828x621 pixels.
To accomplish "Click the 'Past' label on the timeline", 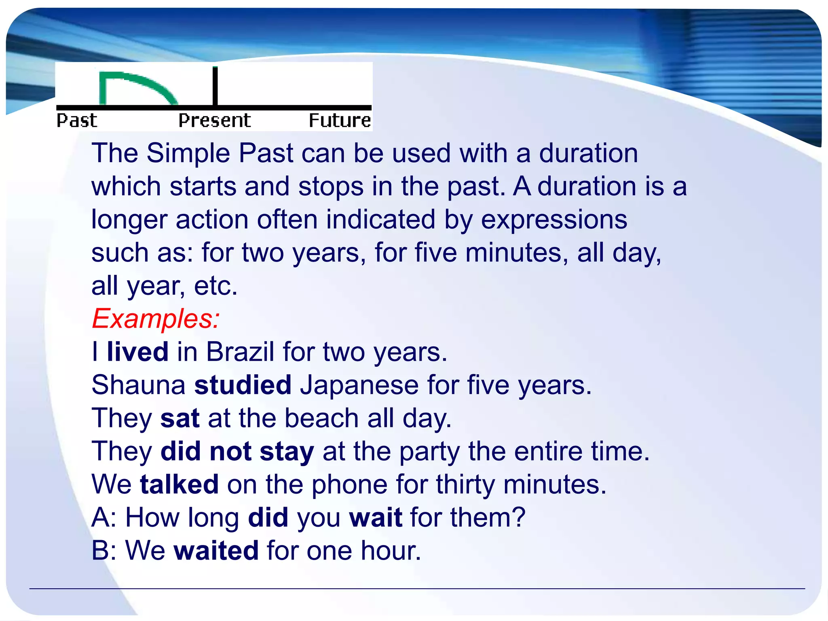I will point(77,120).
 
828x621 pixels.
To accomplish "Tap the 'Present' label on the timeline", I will point(215,120).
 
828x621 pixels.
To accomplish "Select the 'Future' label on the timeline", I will point(340,120).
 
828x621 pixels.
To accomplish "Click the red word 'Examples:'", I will point(156,319).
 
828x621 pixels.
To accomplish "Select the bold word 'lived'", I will point(137,351).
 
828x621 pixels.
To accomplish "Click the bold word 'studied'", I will point(243,384).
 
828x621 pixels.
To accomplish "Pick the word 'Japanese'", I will point(359,384).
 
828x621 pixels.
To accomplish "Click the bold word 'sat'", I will point(180,418).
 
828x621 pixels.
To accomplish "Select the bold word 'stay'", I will point(287,451).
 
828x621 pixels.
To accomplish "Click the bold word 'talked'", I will point(179,484).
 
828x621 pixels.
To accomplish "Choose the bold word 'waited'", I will point(216,550).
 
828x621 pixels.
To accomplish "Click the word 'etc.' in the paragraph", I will point(215,286).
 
